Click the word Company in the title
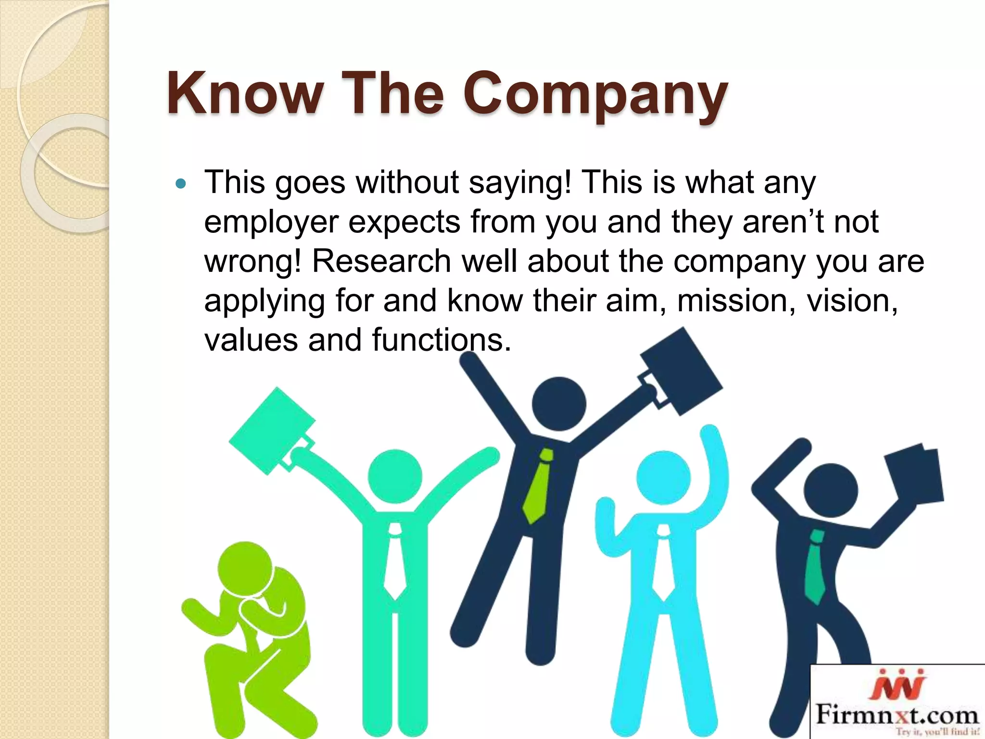(595, 94)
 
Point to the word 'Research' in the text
(381, 261)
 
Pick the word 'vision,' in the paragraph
(852, 300)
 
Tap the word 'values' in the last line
(251, 340)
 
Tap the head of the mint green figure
(395, 476)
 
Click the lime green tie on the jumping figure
(539, 486)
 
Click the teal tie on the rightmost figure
(815, 568)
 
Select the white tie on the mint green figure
(395, 563)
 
